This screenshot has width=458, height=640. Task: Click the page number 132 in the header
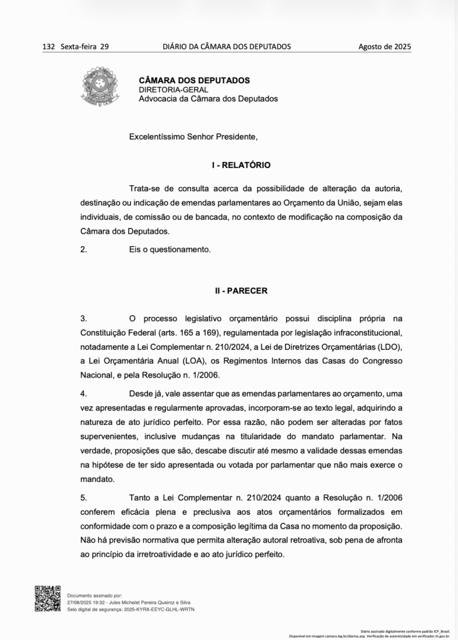pyautogui.click(x=49, y=46)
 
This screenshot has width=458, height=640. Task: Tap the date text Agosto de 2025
pyautogui.click(x=384, y=46)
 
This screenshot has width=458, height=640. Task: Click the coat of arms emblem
pyautogui.click(x=98, y=87)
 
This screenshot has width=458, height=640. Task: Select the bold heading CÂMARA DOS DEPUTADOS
pyautogui.click(x=194, y=80)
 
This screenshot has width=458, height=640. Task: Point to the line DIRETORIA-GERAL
pyautogui.click(x=173, y=89)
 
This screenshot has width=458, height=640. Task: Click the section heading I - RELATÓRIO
pyautogui.click(x=241, y=165)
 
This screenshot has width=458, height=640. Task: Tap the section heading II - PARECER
pyautogui.click(x=241, y=291)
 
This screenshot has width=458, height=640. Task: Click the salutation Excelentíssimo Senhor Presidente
pyautogui.click(x=193, y=136)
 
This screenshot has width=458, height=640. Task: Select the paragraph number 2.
pyautogui.click(x=84, y=249)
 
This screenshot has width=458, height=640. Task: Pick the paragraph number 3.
pyautogui.click(x=84, y=318)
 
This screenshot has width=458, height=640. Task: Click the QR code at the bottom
pyautogui.click(x=48, y=598)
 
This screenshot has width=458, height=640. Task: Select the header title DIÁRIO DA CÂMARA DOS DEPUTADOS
pyautogui.click(x=226, y=46)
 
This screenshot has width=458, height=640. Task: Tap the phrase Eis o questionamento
pyautogui.click(x=170, y=249)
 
